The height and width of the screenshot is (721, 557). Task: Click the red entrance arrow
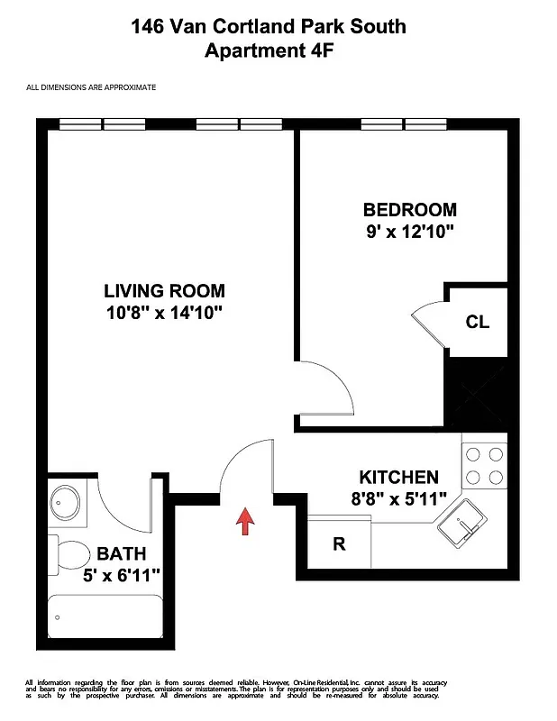tap(244, 522)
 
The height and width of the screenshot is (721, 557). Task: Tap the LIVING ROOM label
tap(164, 291)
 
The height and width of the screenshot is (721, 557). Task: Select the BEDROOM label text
tap(409, 210)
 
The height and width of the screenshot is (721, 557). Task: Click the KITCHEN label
tap(398, 478)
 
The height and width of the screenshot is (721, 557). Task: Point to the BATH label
tap(121, 553)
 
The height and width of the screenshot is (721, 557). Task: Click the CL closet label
tap(478, 322)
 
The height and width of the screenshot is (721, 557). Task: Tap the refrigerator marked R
tap(339, 544)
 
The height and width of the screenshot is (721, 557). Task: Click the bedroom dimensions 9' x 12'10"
tap(409, 232)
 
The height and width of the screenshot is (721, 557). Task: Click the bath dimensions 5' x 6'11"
tap(123, 574)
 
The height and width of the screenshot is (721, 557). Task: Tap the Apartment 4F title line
tap(269, 51)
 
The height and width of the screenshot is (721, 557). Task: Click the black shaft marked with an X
tap(477, 390)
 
